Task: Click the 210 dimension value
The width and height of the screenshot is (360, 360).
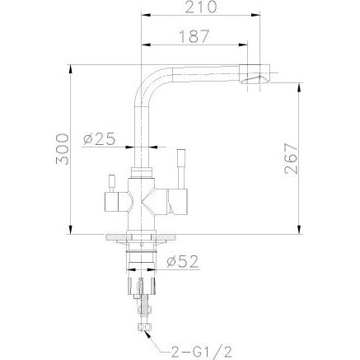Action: click(x=201, y=7)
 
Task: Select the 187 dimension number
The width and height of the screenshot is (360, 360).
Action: click(x=194, y=36)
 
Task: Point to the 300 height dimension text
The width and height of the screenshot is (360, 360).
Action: click(x=62, y=149)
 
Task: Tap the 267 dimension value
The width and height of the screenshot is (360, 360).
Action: click(x=291, y=158)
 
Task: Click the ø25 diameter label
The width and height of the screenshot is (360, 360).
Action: click(x=99, y=139)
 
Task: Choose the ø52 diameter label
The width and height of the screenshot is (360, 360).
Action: click(x=182, y=262)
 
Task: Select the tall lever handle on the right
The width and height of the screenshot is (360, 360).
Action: click(x=181, y=169)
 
